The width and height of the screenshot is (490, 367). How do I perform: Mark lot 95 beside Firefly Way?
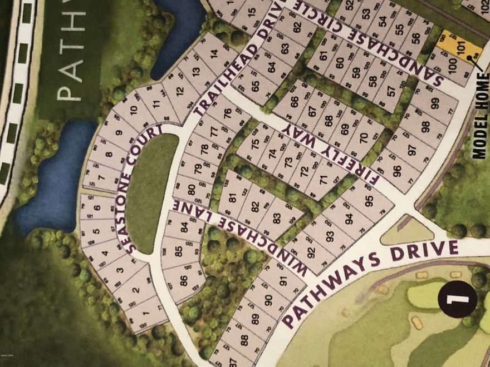[x=369, y=201]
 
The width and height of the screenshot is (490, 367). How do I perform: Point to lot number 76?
[x=227, y=113]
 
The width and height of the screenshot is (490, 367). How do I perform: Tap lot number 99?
[x=434, y=103]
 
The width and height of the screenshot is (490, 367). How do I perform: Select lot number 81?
[x=232, y=195]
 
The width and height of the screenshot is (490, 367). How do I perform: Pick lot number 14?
[x=215, y=54]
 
